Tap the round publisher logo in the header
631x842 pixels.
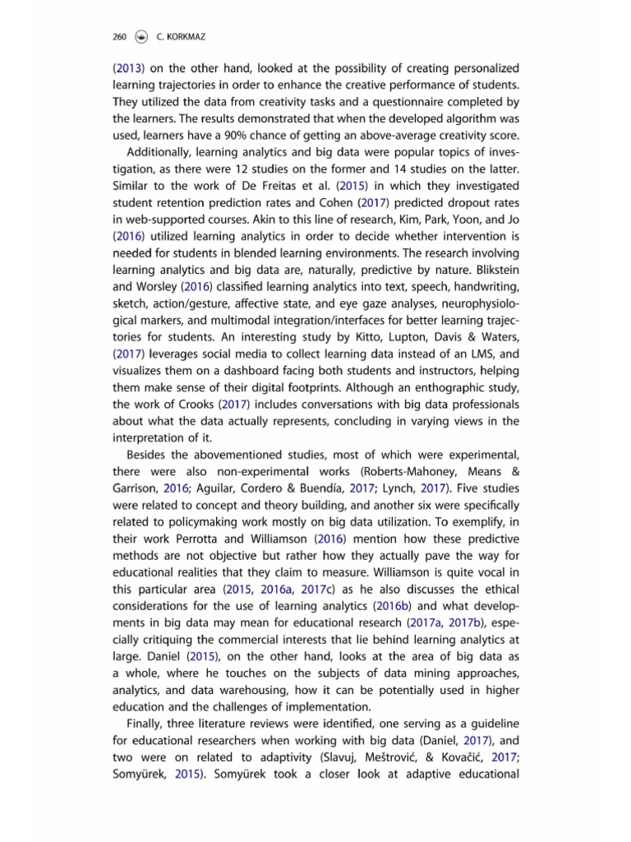coord(143,36)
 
